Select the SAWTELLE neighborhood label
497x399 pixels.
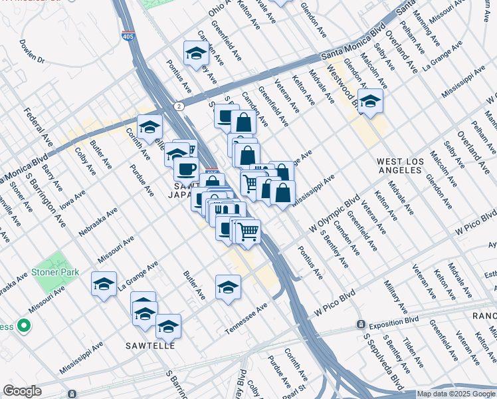coord(151,346)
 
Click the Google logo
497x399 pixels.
coord(22,391)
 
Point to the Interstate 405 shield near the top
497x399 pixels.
coord(128,37)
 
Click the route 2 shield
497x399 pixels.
coord(179,106)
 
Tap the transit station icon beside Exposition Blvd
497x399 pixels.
coord(360,324)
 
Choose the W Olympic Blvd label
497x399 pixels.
coord(335,213)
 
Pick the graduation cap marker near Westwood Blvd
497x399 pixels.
coord(371,102)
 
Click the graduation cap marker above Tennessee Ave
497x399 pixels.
coord(228,287)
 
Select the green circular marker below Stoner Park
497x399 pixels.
coord(24,326)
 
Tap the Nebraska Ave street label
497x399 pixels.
coord(98,221)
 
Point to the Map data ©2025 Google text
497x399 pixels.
coord(455,394)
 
